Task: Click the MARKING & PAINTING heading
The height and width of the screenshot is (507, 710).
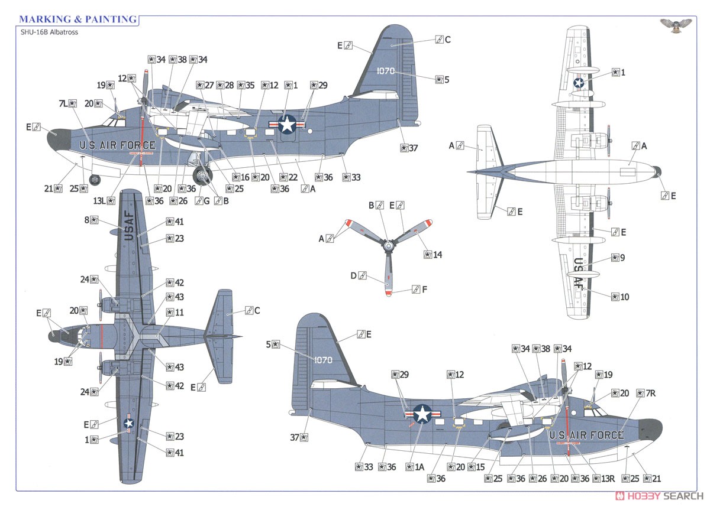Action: (x=78, y=19)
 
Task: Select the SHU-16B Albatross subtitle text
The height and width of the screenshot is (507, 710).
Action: (x=49, y=32)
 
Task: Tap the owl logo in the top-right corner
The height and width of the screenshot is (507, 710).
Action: (x=676, y=25)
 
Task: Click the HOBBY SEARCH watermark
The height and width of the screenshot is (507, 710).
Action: (x=659, y=496)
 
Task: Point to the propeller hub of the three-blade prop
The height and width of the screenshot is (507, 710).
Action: (x=388, y=246)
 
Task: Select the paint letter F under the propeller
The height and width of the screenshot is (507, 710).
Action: (x=424, y=290)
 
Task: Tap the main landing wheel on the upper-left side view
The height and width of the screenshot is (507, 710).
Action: (x=202, y=175)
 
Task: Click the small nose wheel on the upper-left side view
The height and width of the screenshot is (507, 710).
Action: (x=95, y=180)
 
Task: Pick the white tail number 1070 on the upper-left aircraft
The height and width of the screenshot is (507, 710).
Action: (x=386, y=71)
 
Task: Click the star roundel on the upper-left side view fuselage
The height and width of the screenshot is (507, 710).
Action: (x=287, y=124)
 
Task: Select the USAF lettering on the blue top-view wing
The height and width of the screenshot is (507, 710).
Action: (x=129, y=226)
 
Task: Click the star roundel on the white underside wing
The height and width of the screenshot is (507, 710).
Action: (x=579, y=83)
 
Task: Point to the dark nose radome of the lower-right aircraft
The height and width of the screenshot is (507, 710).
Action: (x=650, y=430)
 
